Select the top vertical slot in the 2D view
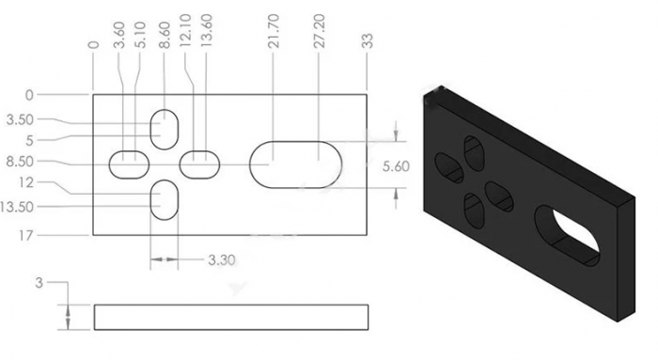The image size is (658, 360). click(165, 126)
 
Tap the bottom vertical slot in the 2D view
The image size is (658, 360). click(165, 200)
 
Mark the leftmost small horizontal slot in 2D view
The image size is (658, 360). click(130, 164)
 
